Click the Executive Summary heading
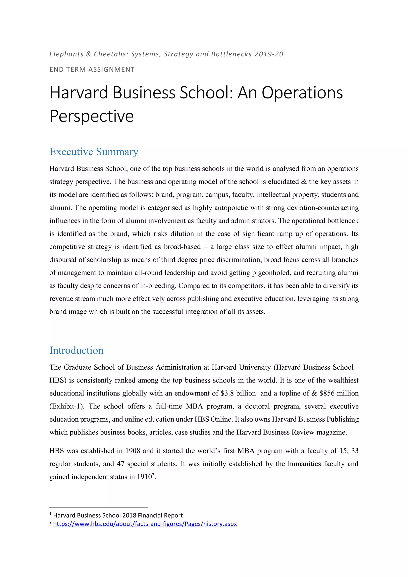coord(94,152)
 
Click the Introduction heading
coord(76,350)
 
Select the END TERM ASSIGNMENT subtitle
coord(92,70)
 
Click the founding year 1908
coord(132,451)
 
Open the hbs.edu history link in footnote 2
coord(145,524)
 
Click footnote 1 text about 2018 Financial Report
coord(118,515)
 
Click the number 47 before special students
coord(121,464)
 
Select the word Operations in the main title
coord(302,92)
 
